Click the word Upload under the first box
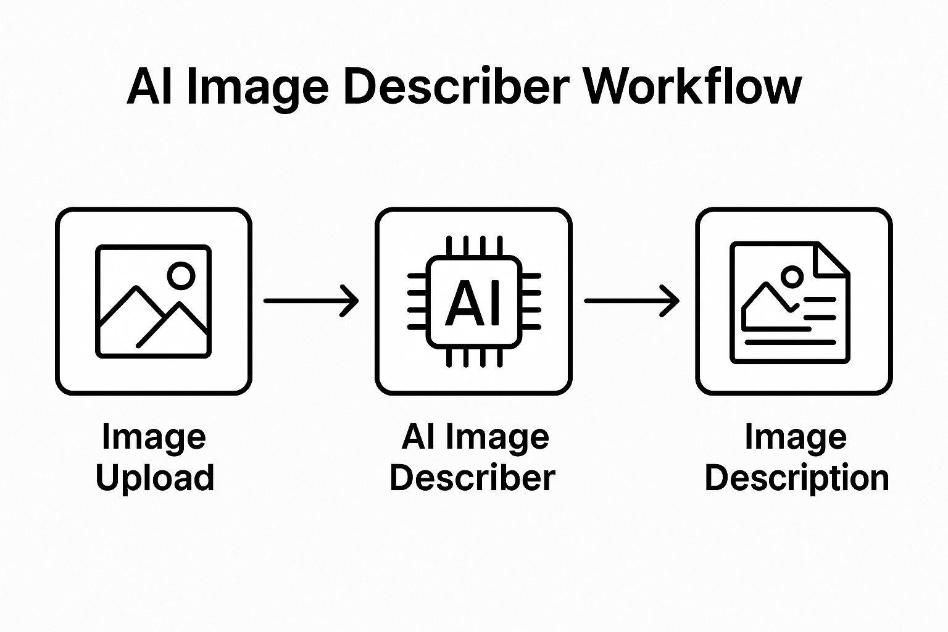point(154,478)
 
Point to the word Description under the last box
point(796,478)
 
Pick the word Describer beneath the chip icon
point(473,478)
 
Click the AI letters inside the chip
point(473,302)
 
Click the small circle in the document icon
point(792,276)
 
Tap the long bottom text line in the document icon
point(790,342)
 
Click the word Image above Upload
point(154,437)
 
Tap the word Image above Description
point(796,437)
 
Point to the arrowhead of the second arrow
point(672,301)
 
